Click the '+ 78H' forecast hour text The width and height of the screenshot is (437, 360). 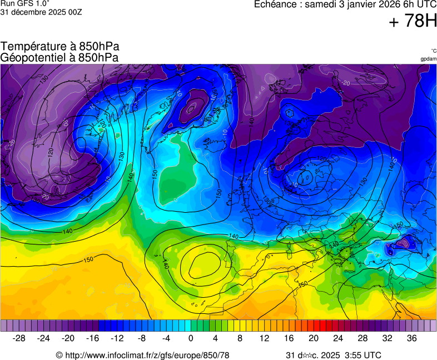click(x=413, y=22)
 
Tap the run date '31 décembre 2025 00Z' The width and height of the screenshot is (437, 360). click(x=41, y=12)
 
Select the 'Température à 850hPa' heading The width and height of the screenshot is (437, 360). click(x=60, y=47)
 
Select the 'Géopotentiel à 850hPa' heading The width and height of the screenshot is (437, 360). click(x=59, y=57)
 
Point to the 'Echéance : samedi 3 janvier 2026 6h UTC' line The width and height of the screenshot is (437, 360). click(x=345, y=4)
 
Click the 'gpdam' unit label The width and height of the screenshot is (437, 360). click(x=428, y=59)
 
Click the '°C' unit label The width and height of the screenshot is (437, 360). click(x=433, y=51)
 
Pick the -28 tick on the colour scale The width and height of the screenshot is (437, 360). click(x=19, y=338)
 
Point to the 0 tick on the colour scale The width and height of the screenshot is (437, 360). click(x=191, y=338)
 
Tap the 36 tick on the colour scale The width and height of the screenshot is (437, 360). click(x=411, y=338)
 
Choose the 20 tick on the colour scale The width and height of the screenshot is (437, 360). click(x=313, y=338)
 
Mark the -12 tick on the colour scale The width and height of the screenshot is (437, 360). click(x=117, y=338)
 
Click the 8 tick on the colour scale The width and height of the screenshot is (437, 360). click(x=240, y=338)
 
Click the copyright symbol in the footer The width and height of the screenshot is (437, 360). click(x=59, y=355)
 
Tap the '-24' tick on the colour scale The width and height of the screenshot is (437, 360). click(x=44, y=338)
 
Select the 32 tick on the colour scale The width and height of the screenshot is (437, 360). click(x=387, y=338)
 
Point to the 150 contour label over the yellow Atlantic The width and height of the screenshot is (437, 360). click(x=88, y=259)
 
